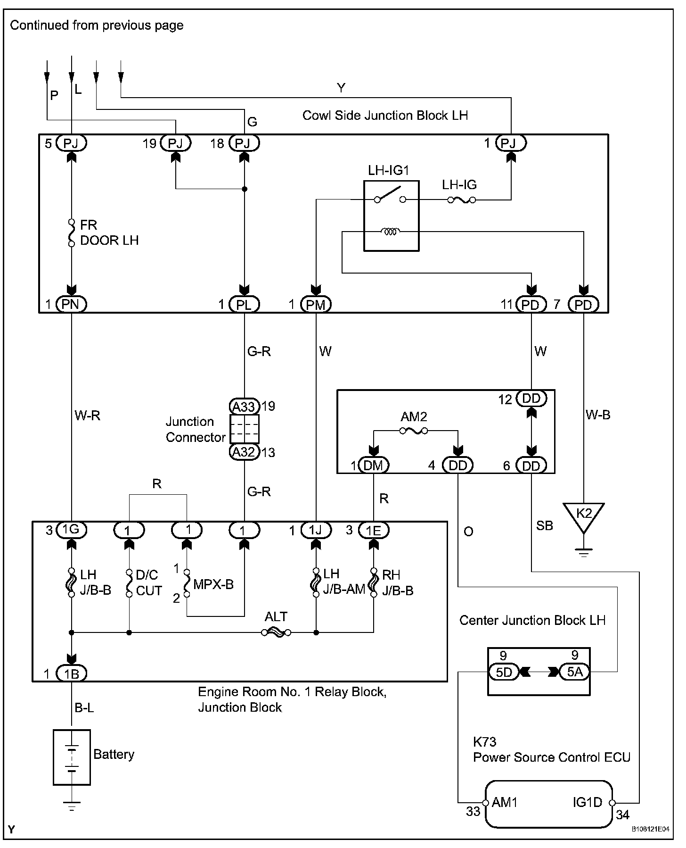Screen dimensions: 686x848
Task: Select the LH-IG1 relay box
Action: (391, 216)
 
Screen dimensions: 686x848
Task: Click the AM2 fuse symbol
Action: (414, 431)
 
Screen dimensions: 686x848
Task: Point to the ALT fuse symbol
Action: (276, 632)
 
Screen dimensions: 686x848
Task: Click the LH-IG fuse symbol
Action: (461, 200)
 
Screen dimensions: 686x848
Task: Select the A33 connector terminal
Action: (244, 406)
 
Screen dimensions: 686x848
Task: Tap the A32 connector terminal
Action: (244, 452)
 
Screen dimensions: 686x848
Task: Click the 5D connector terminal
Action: (504, 672)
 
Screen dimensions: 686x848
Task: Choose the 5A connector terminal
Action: (574, 672)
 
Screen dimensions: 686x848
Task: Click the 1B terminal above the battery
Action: (71, 673)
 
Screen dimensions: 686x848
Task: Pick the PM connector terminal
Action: (316, 305)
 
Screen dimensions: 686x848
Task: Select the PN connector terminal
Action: (71, 304)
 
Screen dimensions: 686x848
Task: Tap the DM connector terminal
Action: (374, 466)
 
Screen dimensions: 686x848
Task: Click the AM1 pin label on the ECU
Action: (505, 802)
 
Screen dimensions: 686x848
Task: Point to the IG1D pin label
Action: (588, 802)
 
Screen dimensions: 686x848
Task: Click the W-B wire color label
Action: (598, 415)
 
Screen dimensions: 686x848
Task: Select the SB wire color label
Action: (545, 525)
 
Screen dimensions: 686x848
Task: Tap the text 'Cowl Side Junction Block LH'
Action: (385, 116)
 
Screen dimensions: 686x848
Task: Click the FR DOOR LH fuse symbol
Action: (72, 233)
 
